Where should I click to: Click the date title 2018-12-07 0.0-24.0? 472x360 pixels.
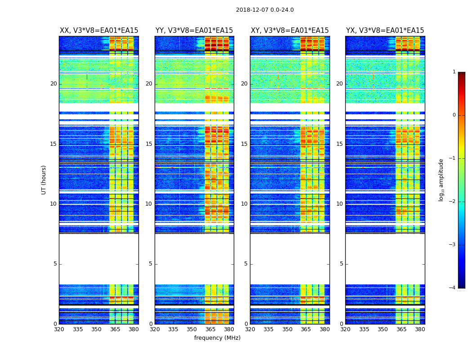[x=265, y=10]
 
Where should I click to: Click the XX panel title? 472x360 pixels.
[x=99, y=31]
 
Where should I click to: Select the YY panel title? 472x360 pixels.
[x=194, y=31]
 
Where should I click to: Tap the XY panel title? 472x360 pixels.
[x=289, y=31]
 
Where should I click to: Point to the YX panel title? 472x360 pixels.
[x=385, y=31]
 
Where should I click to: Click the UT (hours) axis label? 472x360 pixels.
[x=44, y=180]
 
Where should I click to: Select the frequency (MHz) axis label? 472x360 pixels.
[x=217, y=338]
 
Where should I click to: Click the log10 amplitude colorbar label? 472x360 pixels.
[x=441, y=180]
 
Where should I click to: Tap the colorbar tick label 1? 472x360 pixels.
[x=454, y=72]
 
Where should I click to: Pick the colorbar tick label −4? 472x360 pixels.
[x=453, y=288]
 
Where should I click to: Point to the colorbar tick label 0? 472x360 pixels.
[x=454, y=115]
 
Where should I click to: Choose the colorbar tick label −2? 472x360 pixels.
[x=453, y=202]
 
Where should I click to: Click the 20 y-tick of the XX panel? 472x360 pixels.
[x=53, y=84]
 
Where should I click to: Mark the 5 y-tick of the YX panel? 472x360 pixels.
[x=341, y=264]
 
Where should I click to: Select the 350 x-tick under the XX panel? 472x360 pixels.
[x=96, y=329]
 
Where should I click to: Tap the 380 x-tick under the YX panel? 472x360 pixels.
[x=420, y=329]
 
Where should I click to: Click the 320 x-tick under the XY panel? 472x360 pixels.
[x=250, y=329]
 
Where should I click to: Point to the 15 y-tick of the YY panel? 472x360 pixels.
[x=149, y=144]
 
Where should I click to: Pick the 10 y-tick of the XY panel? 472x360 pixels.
[x=244, y=204]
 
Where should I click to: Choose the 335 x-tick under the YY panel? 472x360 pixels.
[x=173, y=329]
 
